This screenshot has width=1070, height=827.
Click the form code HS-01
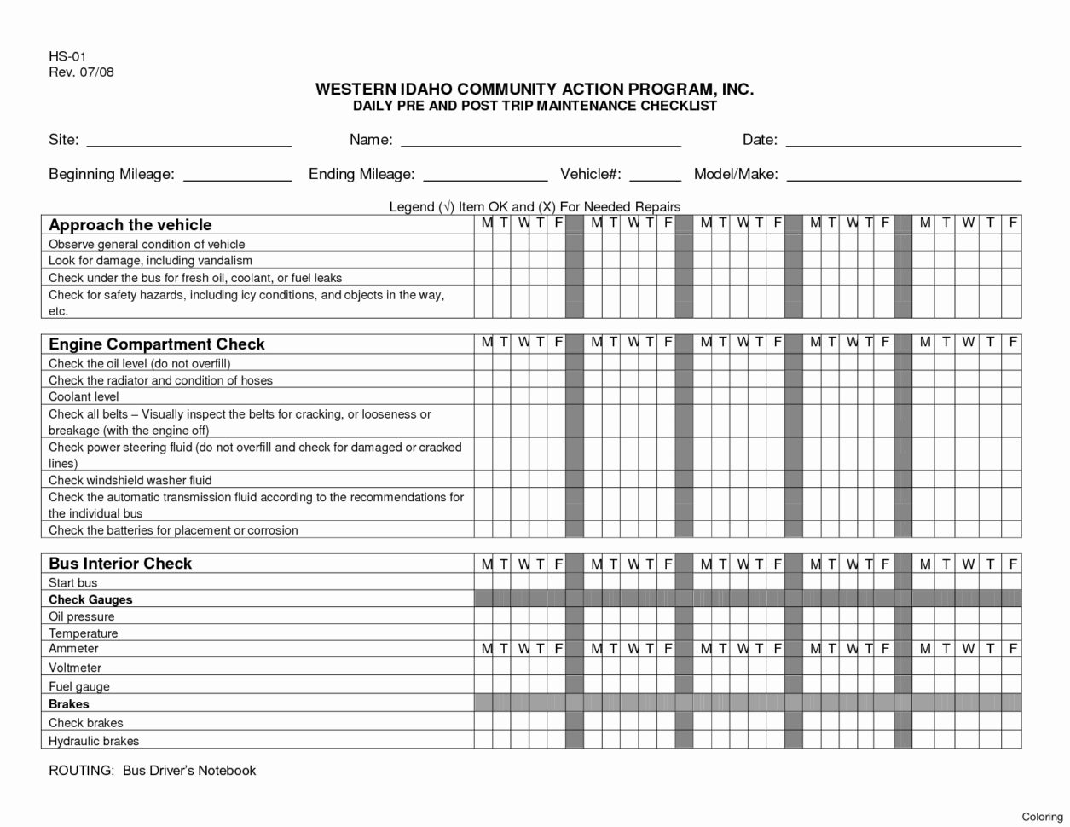tap(67, 56)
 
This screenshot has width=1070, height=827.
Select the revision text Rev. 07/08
tap(81, 72)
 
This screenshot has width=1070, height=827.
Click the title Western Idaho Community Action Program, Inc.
tap(535, 90)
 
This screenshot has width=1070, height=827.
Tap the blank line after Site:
tap(189, 142)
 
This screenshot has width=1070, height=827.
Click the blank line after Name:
tap(541, 142)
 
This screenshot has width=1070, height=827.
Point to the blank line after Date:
tap(903, 142)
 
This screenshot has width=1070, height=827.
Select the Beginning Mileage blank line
tap(238, 176)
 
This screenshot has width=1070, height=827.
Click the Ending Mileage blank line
tap(485, 176)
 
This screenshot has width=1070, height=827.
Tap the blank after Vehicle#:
tap(655, 176)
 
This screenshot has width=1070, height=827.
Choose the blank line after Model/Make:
tap(904, 176)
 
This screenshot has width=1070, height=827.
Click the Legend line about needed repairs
tap(535, 206)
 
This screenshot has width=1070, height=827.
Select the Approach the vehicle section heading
tap(130, 225)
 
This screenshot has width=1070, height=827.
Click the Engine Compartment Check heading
tap(157, 344)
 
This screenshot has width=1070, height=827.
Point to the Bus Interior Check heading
tap(120, 564)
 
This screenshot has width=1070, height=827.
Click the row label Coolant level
tap(84, 396)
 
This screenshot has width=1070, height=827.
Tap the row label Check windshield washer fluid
tap(130, 480)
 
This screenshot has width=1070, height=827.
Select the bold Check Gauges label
tap(90, 599)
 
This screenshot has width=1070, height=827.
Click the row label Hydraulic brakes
tap(94, 741)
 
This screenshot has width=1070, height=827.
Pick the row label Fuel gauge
tap(79, 686)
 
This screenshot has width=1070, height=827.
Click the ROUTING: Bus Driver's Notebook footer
tap(152, 770)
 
